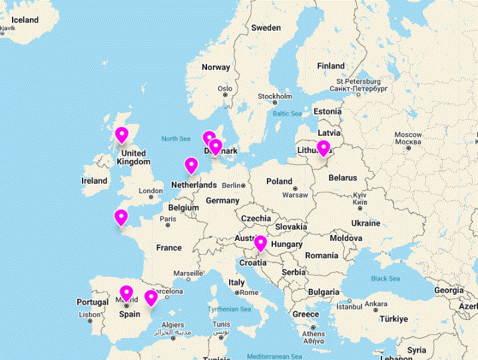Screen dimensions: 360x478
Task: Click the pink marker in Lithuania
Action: (324, 148)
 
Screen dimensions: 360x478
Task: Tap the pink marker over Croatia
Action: (260, 244)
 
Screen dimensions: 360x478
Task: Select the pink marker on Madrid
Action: (126, 293)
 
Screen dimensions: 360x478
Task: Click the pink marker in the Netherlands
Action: (192, 165)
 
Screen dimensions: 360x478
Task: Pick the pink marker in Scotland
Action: (121, 135)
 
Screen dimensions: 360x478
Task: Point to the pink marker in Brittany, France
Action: (121, 217)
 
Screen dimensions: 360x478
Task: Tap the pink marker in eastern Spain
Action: (151, 297)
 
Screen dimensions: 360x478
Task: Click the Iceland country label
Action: (25, 20)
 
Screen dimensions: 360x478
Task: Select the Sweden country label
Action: (266, 28)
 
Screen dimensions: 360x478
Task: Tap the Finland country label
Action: (331, 66)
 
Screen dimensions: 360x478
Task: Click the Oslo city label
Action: (225, 89)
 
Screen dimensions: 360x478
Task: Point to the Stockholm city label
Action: (274, 96)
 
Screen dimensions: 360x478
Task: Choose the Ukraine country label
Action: (365, 222)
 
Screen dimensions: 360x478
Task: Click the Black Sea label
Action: (385, 279)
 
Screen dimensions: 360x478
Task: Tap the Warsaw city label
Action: (294, 195)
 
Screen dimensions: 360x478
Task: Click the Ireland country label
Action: (94, 180)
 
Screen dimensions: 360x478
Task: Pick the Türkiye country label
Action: (393, 319)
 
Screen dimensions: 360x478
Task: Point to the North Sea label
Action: (176, 138)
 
